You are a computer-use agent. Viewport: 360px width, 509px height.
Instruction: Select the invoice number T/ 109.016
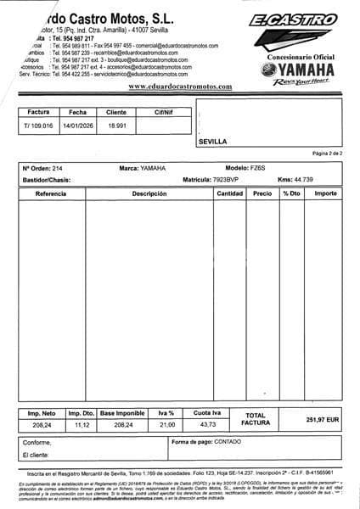38,126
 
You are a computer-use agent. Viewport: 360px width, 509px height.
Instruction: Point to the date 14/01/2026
77,126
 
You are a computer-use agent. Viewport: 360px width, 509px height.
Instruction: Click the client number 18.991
116,126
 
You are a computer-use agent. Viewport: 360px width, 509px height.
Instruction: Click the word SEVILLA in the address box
212,142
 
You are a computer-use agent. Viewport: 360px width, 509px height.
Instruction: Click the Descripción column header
149,194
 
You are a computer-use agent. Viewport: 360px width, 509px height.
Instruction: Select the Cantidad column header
230,194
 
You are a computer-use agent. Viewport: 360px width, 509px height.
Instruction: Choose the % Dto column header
291,194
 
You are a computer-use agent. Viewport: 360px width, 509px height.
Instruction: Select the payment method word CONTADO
228,441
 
